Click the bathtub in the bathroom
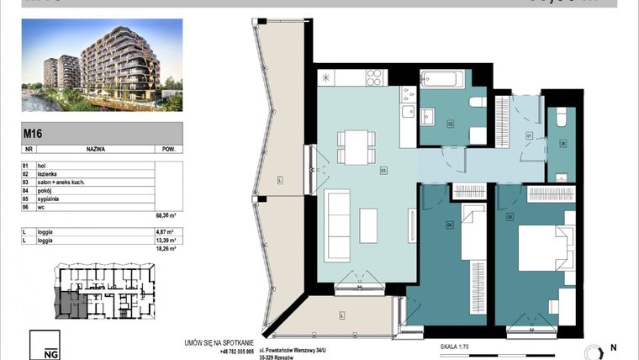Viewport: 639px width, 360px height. click(x=440, y=81)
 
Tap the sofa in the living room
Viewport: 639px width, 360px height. click(x=339, y=215)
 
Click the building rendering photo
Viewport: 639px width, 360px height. click(x=102, y=66)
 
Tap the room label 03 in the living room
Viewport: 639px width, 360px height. click(x=383, y=170)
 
